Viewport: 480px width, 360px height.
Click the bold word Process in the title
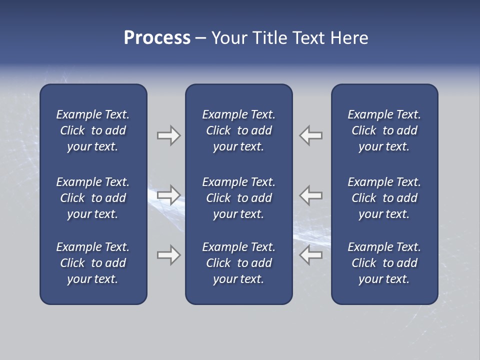(x=157, y=38)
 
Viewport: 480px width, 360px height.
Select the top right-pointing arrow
(x=168, y=135)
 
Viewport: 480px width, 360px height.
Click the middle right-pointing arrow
(x=168, y=195)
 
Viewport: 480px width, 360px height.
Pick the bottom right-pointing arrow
(x=168, y=255)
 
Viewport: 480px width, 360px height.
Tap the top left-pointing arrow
(x=311, y=135)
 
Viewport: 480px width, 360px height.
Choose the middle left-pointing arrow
(x=311, y=195)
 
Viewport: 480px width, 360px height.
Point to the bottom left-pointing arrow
(x=311, y=255)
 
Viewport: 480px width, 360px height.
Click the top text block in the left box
(x=93, y=130)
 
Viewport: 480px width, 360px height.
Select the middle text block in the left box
(x=93, y=198)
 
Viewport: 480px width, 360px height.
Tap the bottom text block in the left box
(x=93, y=263)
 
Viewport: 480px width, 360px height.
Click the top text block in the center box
(x=238, y=130)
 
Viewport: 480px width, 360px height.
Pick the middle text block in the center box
(x=238, y=198)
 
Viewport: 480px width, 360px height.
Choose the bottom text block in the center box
(x=238, y=263)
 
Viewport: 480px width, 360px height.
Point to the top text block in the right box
(x=384, y=130)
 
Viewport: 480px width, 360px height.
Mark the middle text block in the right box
(x=384, y=198)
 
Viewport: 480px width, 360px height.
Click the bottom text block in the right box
(x=384, y=263)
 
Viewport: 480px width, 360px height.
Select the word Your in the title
(x=229, y=38)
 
